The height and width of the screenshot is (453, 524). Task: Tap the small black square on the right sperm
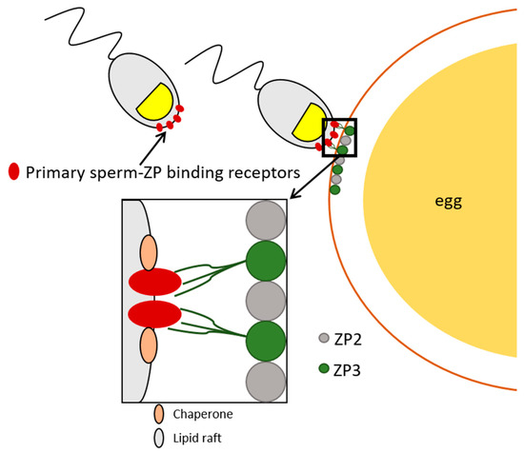(x=340, y=136)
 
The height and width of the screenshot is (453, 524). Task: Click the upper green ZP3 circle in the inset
(x=266, y=260)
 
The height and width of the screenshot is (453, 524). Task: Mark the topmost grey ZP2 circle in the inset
(x=266, y=219)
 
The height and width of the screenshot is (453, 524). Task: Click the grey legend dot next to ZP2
(x=325, y=338)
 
